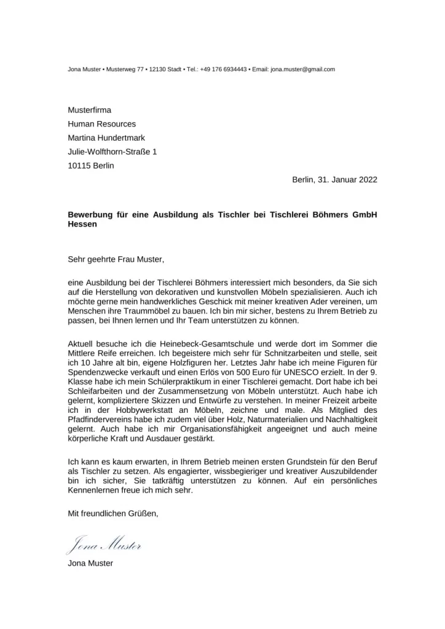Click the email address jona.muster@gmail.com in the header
(x=302, y=69)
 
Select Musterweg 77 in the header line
(x=125, y=69)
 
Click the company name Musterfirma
(x=89, y=110)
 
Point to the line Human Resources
(x=101, y=124)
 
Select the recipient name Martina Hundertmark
(x=106, y=138)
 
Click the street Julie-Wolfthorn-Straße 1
(x=112, y=152)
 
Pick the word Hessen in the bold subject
(x=82, y=225)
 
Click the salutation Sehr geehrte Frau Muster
(x=117, y=260)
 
